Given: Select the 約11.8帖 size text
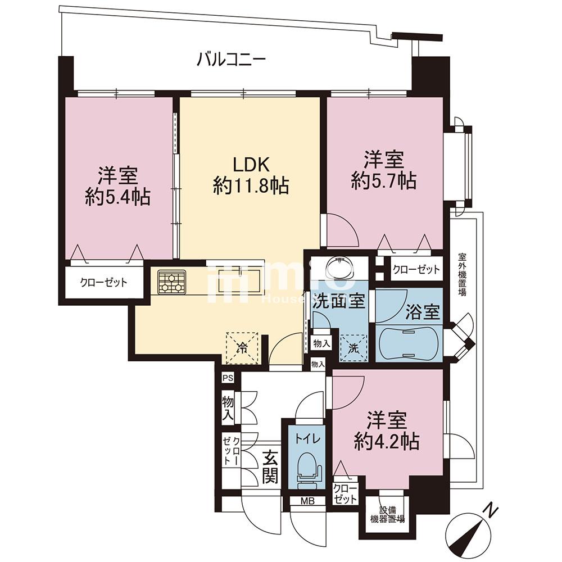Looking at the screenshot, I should click(x=251, y=185).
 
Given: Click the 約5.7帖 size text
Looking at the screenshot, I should click(x=384, y=180).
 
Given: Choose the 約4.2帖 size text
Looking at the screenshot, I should click(x=387, y=441).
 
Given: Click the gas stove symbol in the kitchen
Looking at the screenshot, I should click(x=171, y=282).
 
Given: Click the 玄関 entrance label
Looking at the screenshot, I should click(x=270, y=468).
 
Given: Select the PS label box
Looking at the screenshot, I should click(x=228, y=378).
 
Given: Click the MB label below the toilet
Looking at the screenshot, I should click(x=306, y=501).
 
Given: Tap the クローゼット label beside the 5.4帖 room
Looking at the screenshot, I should click(x=103, y=283).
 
